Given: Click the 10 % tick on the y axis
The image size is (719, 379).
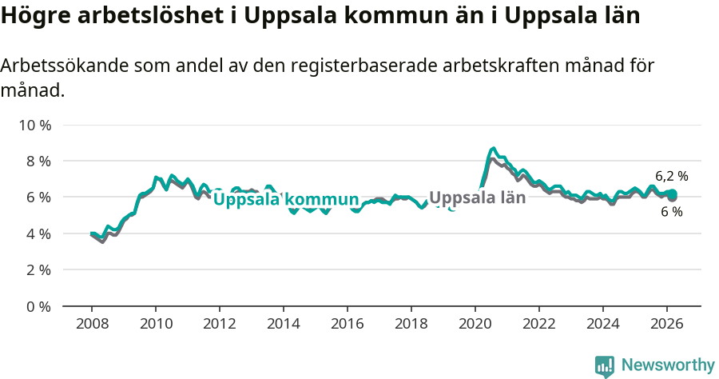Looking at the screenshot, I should (35, 125).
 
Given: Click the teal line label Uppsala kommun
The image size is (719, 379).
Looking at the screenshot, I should (285, 200).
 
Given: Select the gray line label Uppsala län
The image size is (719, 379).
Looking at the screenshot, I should (477, 197).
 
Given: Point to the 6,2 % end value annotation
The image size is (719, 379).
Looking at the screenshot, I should (671, 176).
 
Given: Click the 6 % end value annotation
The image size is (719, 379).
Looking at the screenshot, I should (671, 212).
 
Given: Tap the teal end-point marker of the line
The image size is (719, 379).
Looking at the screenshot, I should (673, 193).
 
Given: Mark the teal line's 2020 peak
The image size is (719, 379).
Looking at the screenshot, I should (494, 149).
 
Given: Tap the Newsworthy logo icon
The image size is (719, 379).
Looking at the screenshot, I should (605, 366).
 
